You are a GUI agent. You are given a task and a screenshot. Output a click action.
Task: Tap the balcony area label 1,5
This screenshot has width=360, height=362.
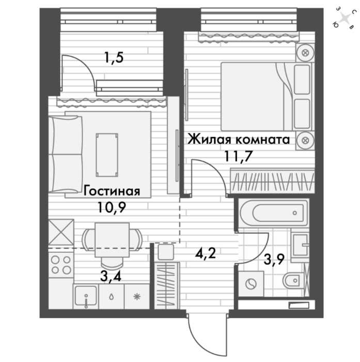[114, 57]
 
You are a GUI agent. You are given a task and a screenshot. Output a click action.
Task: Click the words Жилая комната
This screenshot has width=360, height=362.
[239, 140]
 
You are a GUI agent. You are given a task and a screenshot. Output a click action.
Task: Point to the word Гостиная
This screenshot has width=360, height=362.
[112, 191]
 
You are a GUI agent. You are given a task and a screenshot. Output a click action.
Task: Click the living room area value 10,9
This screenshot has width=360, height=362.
[112, 207]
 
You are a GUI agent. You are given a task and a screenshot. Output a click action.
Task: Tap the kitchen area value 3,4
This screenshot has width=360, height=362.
[111, 276]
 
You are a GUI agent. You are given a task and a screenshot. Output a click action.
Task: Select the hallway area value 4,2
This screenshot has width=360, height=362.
[206, 253]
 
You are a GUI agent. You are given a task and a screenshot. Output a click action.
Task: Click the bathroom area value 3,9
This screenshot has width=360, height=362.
[274, 260]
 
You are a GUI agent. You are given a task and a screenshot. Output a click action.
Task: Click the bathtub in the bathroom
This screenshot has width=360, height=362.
[274, 213]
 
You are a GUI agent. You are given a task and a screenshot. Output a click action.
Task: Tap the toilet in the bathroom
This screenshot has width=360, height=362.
[292, 280]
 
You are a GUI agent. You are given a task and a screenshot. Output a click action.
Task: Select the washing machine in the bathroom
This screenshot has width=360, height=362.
[251, 284]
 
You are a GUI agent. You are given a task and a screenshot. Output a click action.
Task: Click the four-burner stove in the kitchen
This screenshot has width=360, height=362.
[61, 265]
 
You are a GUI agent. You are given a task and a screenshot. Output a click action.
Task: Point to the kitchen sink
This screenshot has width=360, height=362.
[86, 297]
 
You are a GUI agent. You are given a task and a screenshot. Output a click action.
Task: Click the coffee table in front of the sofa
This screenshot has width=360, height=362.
[107, 155]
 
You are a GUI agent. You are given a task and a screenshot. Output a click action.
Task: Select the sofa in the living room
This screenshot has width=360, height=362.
[66, 154]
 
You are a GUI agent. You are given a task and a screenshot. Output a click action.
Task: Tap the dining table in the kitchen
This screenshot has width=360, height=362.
[112, 240]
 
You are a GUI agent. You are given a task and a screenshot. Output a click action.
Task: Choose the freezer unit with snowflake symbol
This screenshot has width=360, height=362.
[137, 297]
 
